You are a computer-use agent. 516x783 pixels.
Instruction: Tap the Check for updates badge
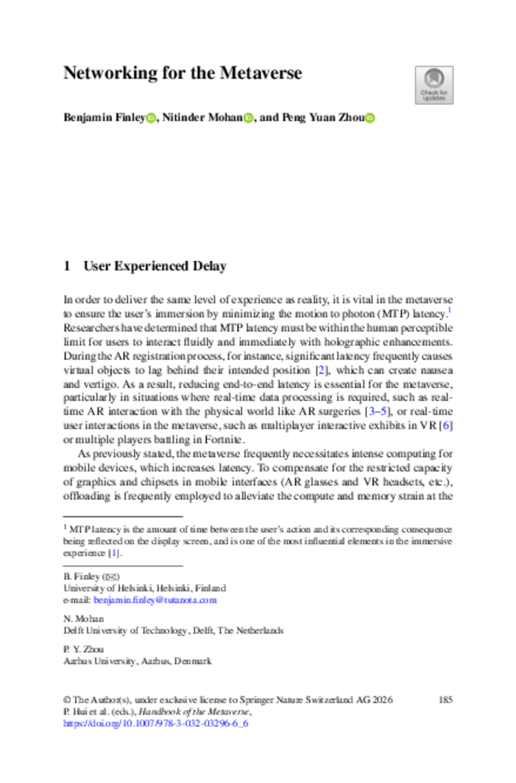[433, 85]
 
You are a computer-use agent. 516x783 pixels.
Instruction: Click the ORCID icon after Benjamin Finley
[151, 118]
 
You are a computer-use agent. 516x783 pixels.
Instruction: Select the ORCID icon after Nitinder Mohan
[248, 118]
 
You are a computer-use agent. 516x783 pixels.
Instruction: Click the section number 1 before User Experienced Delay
[66, 266]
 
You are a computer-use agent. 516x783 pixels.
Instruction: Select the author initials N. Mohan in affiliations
[79, 619]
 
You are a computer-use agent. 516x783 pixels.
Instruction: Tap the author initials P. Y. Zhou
[81, 649]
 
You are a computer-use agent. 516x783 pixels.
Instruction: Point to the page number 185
[445, 700]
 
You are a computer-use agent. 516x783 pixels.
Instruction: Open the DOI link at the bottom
[155, 723]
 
